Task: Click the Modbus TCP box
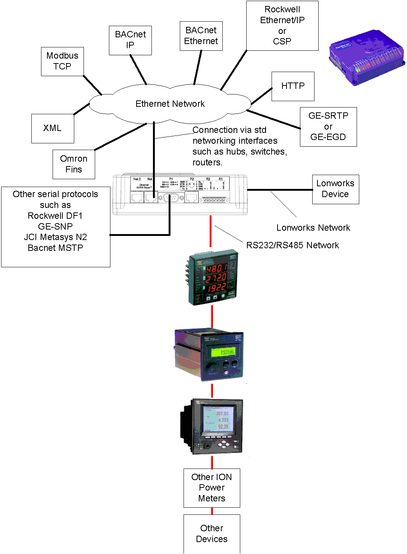pyautogui.click(x=62, y=61)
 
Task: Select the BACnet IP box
pyautogui.click(x=130, y=40)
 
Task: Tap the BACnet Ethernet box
pyautogui.click(x=201, y=36)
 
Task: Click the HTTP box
pyautogui.click(x=293, y=86)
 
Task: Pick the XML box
pyautogui.click(x=53, y=128)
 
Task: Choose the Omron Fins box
pyautogui.click(x=74, y=164)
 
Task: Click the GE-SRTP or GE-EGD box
pyautogui.click(x=328, y=127)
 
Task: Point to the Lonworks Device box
pyautogui.click(x=335, y=189)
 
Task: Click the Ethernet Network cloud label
pyautogui.click(x=170, y=104)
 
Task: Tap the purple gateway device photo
pyautogui.click(x=366, y=58)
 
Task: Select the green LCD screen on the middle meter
pyautogui.click(x=223, y=352)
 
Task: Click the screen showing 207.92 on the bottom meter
pyautogui.click(x=219, y=420)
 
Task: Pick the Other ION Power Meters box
pyautogui.click(x=212, y=488)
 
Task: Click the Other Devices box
pyautogui.click(x=212, y=534)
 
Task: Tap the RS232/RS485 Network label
pyautogui.click(x=292, y=245)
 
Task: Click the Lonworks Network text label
pyautogui.click(x=313, y=228)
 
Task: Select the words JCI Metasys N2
pyautogui.click(x=55, y=237)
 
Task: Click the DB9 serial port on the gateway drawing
pyautogui.click(x=171, y=198)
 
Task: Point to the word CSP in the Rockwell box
pyautogui.click(x=282, y=41)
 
